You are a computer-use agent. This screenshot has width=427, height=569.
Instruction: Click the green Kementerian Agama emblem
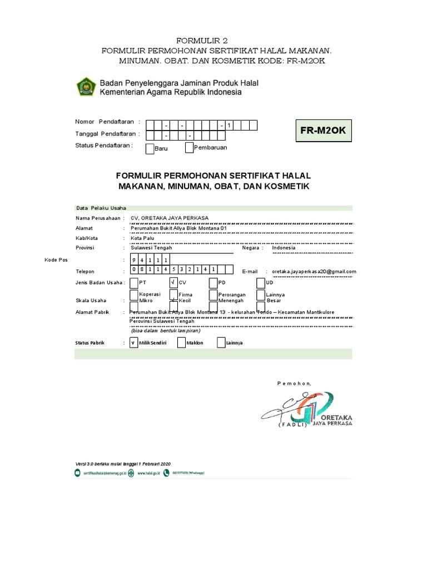(x=86, y=87)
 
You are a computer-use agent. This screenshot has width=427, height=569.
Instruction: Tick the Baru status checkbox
(x=150, y=148)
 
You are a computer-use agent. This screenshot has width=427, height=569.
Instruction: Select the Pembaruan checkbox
(x=189, y=147)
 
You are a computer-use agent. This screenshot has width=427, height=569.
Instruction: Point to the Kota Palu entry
(x=142, y=238)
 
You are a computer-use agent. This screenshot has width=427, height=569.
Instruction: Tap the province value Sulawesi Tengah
(x=151, y=248)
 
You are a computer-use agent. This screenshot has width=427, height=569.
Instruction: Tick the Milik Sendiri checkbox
(x=133, y=343)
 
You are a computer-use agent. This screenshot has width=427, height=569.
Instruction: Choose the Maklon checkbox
(x=181, y=343)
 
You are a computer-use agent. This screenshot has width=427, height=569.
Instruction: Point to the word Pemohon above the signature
(x=294, y=383)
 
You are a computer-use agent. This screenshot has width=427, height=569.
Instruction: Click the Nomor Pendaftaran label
(x=105, y=121)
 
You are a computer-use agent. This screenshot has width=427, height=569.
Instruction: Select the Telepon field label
(x=85, y=271)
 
